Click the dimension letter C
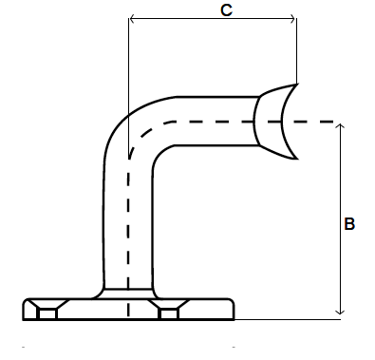226,10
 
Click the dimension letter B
349,223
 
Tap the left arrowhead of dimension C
133,19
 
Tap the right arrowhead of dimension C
292,19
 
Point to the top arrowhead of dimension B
340,126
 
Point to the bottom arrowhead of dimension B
340,312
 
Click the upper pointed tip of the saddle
297,84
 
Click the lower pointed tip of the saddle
296,159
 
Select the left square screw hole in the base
47,314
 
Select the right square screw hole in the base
169,314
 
